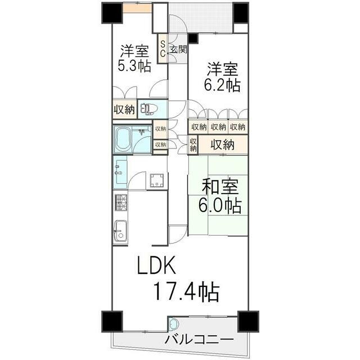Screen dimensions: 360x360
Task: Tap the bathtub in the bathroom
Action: (123, 139)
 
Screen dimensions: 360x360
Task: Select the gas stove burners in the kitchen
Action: (121, 202)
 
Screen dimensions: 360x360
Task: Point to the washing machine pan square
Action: (157, 181)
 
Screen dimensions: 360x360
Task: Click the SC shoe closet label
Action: (163, 49)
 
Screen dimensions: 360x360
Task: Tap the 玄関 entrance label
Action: (178, 49)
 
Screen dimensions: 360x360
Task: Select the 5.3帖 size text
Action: (134, 66)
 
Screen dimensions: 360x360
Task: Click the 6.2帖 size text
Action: (222, 85)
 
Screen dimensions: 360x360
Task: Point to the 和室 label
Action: (220, 186)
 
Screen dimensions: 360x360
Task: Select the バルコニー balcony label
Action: (199, 339)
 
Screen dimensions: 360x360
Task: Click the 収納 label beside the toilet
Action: (124, 110)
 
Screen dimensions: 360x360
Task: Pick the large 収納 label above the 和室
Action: (223, 145)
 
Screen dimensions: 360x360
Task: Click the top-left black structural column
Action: (112, 13)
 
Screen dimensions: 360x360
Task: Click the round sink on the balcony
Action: (174, 324)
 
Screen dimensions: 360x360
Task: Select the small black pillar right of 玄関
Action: (193, 38)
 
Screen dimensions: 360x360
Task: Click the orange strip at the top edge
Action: (137, 8)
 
